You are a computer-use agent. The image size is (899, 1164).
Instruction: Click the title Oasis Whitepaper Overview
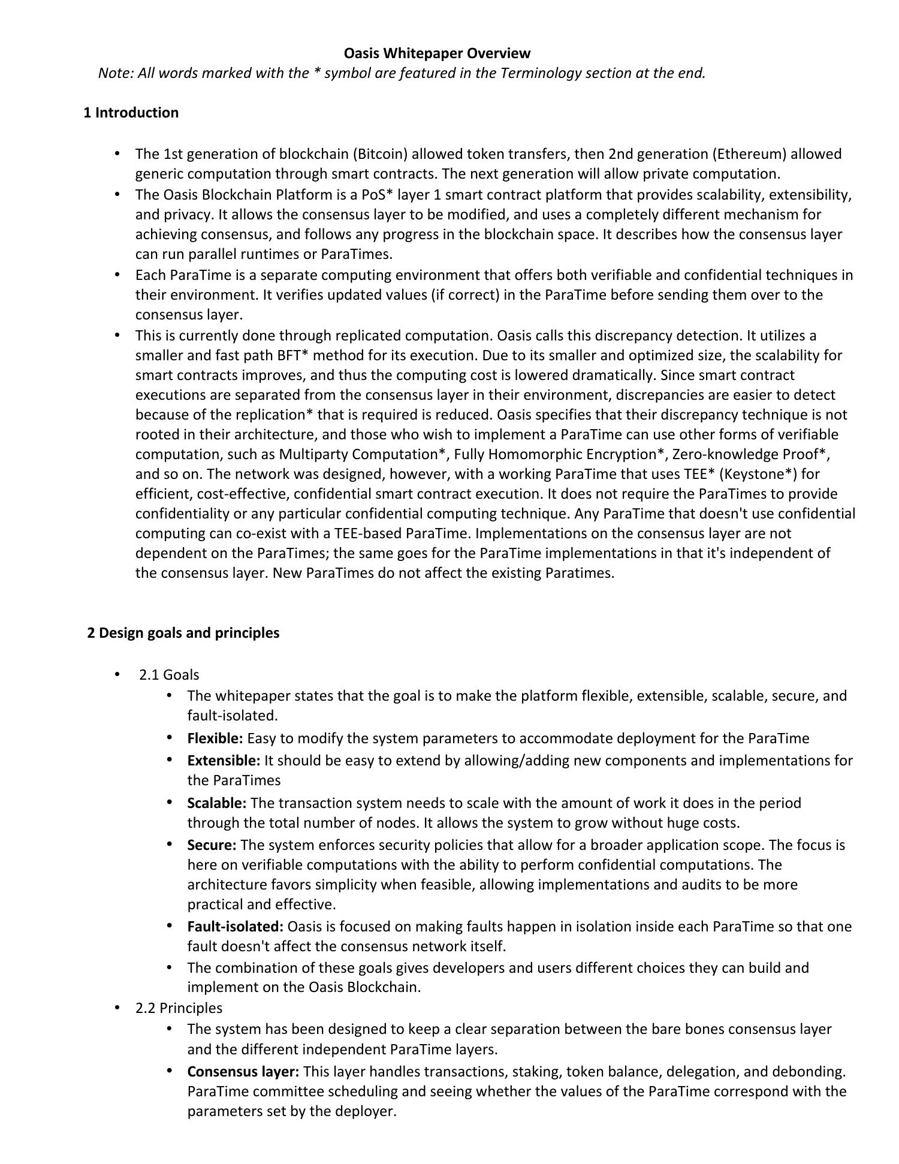click(x=437, y=53)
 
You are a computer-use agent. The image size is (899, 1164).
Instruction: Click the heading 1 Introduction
click(x=131, y=113)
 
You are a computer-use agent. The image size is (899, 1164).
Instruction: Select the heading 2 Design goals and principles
click(x=183, y=633)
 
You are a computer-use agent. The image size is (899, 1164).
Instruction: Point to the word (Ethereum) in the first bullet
click(x=749, y=154)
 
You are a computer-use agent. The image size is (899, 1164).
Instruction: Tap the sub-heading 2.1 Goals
click(x=169, y=675)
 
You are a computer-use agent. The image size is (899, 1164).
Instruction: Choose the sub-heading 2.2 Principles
click(x=179, y=1008)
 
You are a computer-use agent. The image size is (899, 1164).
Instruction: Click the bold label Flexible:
click(x=215, y=738)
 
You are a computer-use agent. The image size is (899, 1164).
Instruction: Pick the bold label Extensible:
click(x=224, y=761)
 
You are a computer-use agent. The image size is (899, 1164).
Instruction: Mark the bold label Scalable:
click(x=216, y=803)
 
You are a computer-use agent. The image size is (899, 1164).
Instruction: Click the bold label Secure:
click(x=212, y=845)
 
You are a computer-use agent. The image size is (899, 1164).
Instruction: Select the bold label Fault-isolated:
click(x=235, y=927)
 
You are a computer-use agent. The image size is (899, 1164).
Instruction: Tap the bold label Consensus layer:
click(x=243, y=1072)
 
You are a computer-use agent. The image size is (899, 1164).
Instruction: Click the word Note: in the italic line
click(x=116, y=73)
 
